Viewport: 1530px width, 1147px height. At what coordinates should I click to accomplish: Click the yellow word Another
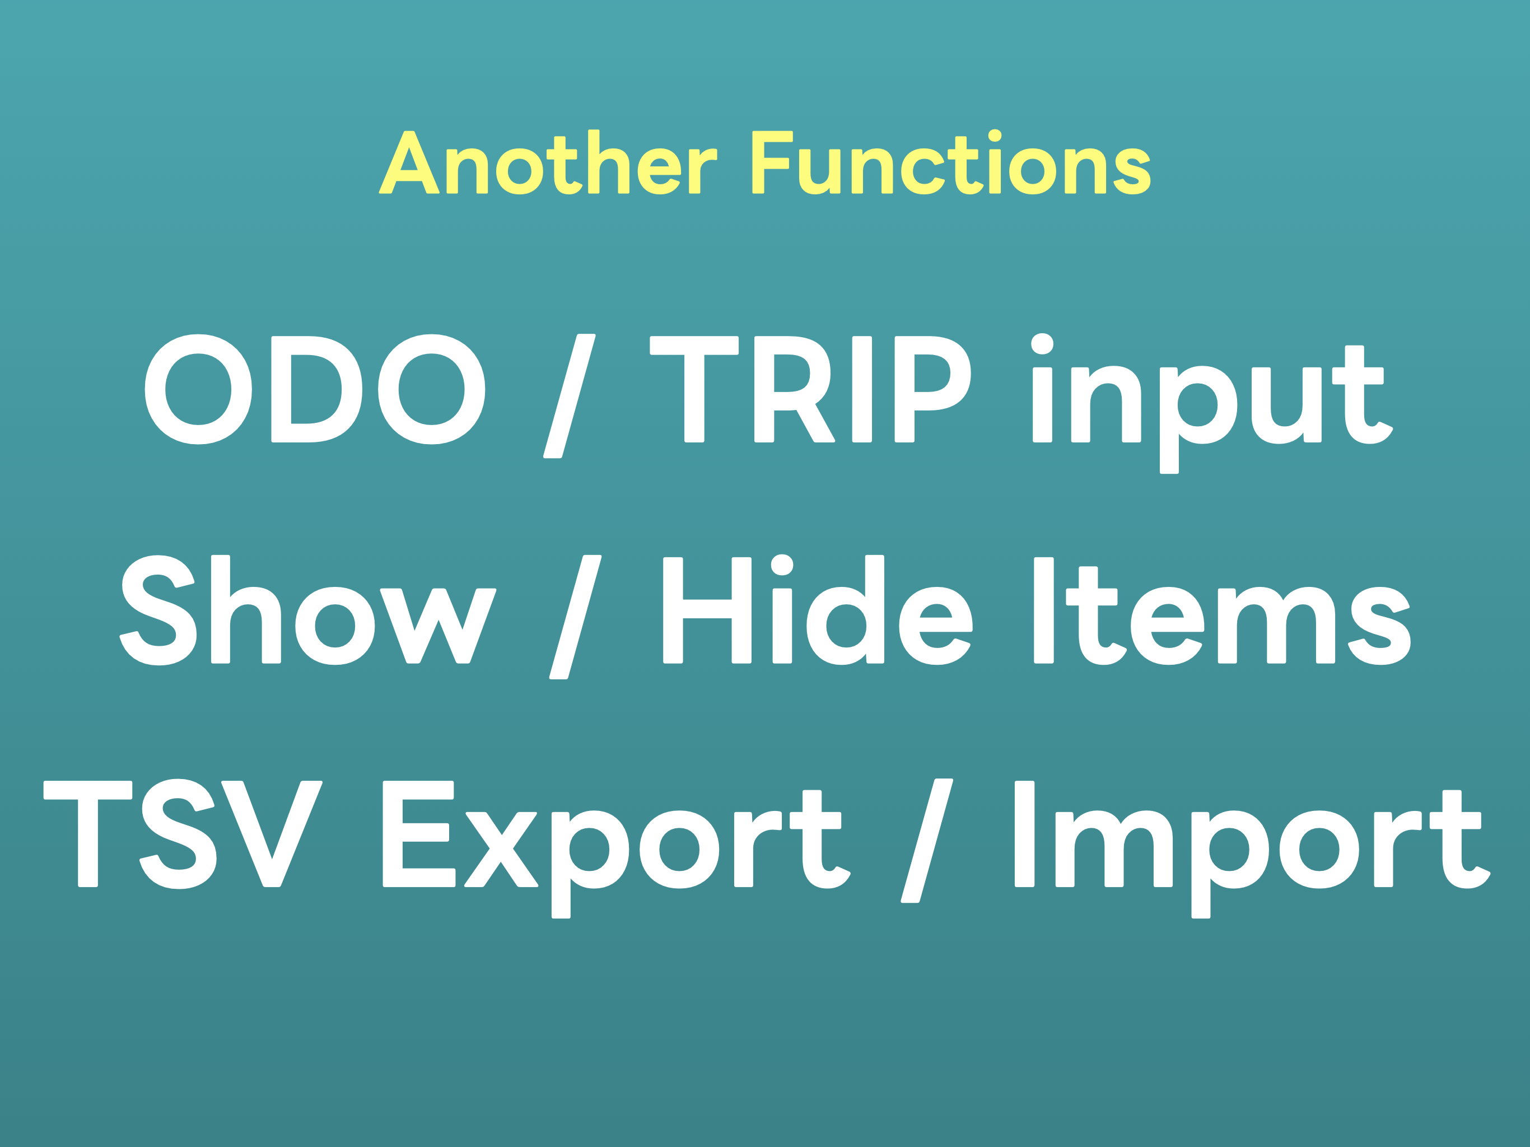click(548, 162)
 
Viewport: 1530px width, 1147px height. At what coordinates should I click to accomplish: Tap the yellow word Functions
click(951, 162)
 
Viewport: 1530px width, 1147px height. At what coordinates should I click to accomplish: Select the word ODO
click(315, 389)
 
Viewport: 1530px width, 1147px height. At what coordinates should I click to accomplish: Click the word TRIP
click(810, 389)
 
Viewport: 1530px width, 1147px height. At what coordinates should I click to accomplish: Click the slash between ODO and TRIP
click(569, 396)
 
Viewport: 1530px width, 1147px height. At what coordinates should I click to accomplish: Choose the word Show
click(308, 609)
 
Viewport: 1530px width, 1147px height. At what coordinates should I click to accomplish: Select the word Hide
click(818, 609)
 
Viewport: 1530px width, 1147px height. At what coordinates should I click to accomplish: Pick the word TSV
click(183, 834)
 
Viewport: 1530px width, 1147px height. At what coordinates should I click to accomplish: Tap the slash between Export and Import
click(927, 841)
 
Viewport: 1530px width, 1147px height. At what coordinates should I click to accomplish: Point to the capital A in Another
click(409, 162)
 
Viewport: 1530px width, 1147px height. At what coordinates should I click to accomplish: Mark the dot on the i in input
click(1042, 344)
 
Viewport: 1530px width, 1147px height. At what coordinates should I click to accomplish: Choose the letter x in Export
click(501, 850)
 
